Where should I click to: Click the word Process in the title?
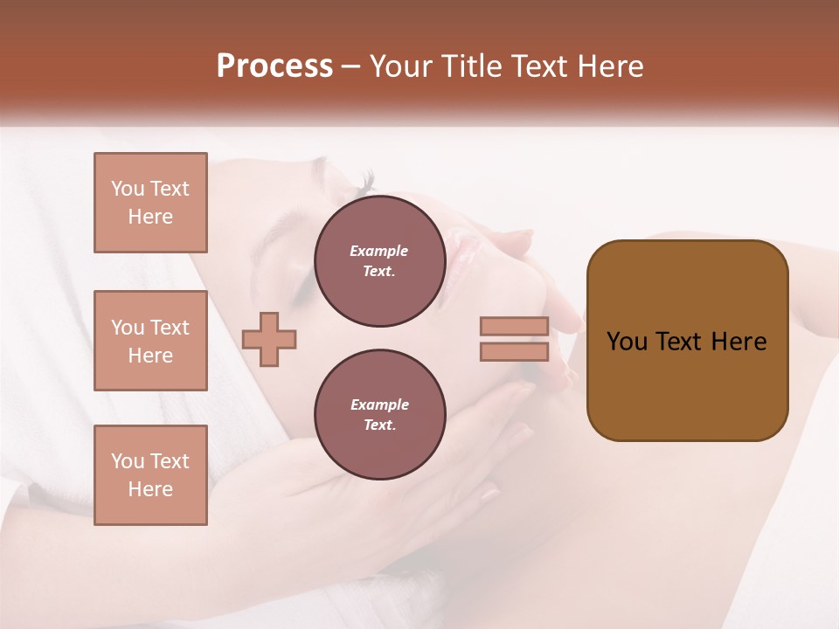pos(274,66)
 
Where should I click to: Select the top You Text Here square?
pos(150,203)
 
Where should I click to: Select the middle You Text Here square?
pos(150,341)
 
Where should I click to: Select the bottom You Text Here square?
pos(150,475)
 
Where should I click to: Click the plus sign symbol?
pos(269,339)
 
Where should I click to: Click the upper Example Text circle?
pos(379,261)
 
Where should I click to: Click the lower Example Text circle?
pos(379,415)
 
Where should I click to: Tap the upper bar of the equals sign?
pos(514,327)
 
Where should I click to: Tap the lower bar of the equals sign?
pos(514,352)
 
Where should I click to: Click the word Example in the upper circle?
pos(379,252)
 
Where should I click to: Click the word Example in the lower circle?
pos(379,405)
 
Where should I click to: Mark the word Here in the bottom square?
pos(150,489)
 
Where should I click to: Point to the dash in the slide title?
pos(350,67)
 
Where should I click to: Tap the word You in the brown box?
pos(627,342)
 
